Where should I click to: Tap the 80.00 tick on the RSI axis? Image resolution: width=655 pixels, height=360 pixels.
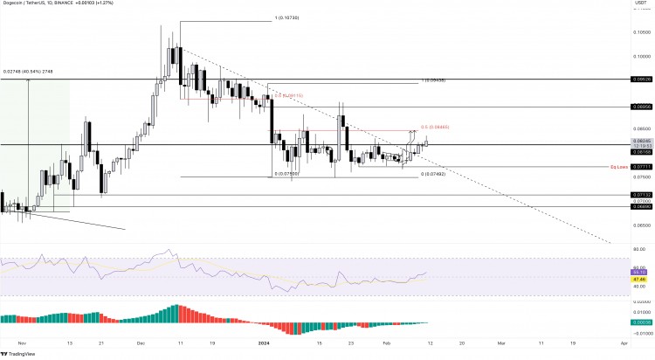point(642,250)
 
